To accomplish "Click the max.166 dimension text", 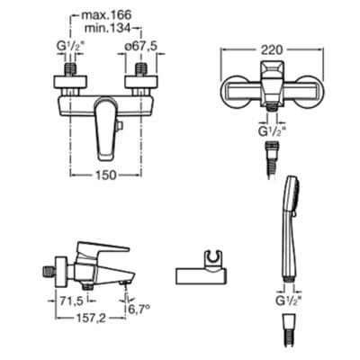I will [x=124, y=16].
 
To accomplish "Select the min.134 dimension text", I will [x=124, y=29].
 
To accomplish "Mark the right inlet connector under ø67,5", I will [x=141, y=69].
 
